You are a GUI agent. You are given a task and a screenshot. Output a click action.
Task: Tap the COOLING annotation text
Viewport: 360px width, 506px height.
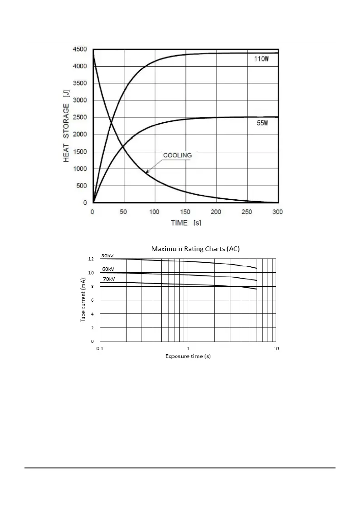tap(177, 155)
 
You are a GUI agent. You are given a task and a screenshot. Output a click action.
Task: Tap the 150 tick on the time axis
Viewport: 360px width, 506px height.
tap(185, 212)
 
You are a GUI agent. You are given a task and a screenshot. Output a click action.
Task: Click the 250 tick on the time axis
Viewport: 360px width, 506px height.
tap(247, 212)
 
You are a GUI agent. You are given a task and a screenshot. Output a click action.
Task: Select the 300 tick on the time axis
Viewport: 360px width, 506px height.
tap(277, 212)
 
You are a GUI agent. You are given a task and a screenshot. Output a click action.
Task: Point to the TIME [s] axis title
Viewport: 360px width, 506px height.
tap(186, 223)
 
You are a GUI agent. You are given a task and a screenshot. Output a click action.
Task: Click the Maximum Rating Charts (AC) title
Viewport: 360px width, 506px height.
tap(195, 249)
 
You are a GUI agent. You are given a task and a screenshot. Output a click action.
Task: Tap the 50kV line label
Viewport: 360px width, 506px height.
tap(107, 255)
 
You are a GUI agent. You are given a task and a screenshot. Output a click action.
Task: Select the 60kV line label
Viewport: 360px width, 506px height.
tap(108, 269)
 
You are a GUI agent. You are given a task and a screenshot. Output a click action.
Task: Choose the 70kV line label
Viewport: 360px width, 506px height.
tap(109, 279)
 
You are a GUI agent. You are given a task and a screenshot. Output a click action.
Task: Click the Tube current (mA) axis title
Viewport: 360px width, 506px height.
tap(83, 300)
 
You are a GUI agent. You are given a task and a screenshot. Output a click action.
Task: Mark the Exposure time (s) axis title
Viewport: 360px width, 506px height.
tap(188, 356)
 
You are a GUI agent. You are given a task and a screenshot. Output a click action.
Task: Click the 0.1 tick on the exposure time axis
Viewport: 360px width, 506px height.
tap(100, 348)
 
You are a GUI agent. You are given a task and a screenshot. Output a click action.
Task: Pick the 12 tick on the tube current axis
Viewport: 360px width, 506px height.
tap(91, 259)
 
